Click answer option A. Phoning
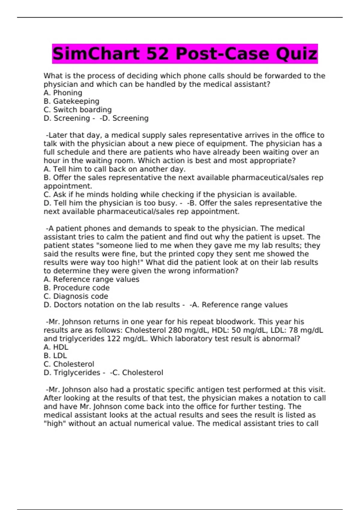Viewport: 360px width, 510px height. tap(63, 93)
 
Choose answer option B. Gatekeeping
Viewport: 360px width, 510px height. tap(71, 101)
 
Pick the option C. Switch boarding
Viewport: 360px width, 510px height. tap(78, 110)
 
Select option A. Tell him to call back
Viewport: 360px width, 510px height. tap(114, 169)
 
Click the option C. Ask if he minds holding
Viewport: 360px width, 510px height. tap(170, 195)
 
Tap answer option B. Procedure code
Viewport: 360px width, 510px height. tap(76, 288)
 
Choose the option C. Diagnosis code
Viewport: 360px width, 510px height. tap(76, 296)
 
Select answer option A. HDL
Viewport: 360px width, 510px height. tap(56, 347)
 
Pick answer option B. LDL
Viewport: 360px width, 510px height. tap(55, 356)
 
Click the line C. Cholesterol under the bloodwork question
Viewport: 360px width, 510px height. tap(69, 364)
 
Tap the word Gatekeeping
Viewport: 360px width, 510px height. tap(76, 101)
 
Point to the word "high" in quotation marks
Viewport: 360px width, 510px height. tap(55, 424)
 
